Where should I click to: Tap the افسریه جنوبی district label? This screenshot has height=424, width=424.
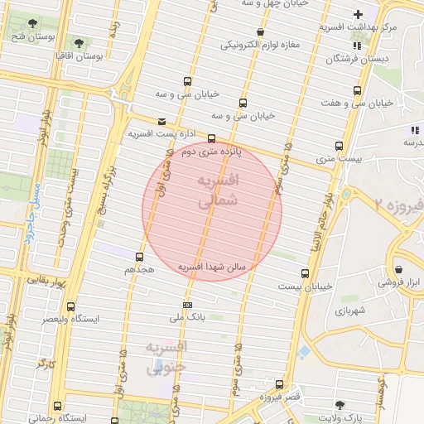(166, 357)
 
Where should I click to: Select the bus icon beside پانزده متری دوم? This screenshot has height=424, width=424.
(211, 138)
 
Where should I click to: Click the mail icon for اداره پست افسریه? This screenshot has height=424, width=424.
(161, 121)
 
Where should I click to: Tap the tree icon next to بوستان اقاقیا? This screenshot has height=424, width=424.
(79, 43)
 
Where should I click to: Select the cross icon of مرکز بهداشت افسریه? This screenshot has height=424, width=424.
(358, 14)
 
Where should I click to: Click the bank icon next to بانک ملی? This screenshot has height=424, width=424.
(187, 304)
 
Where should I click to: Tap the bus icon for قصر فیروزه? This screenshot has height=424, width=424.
(279, 384)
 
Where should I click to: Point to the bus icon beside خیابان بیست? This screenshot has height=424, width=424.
(305, 272)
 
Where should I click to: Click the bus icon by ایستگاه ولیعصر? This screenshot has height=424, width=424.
(70, 306)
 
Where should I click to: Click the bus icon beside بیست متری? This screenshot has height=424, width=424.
(338, 145)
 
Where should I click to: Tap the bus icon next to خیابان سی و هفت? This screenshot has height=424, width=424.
(357, 90)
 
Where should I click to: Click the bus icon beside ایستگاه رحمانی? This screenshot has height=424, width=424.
(56, 406)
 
